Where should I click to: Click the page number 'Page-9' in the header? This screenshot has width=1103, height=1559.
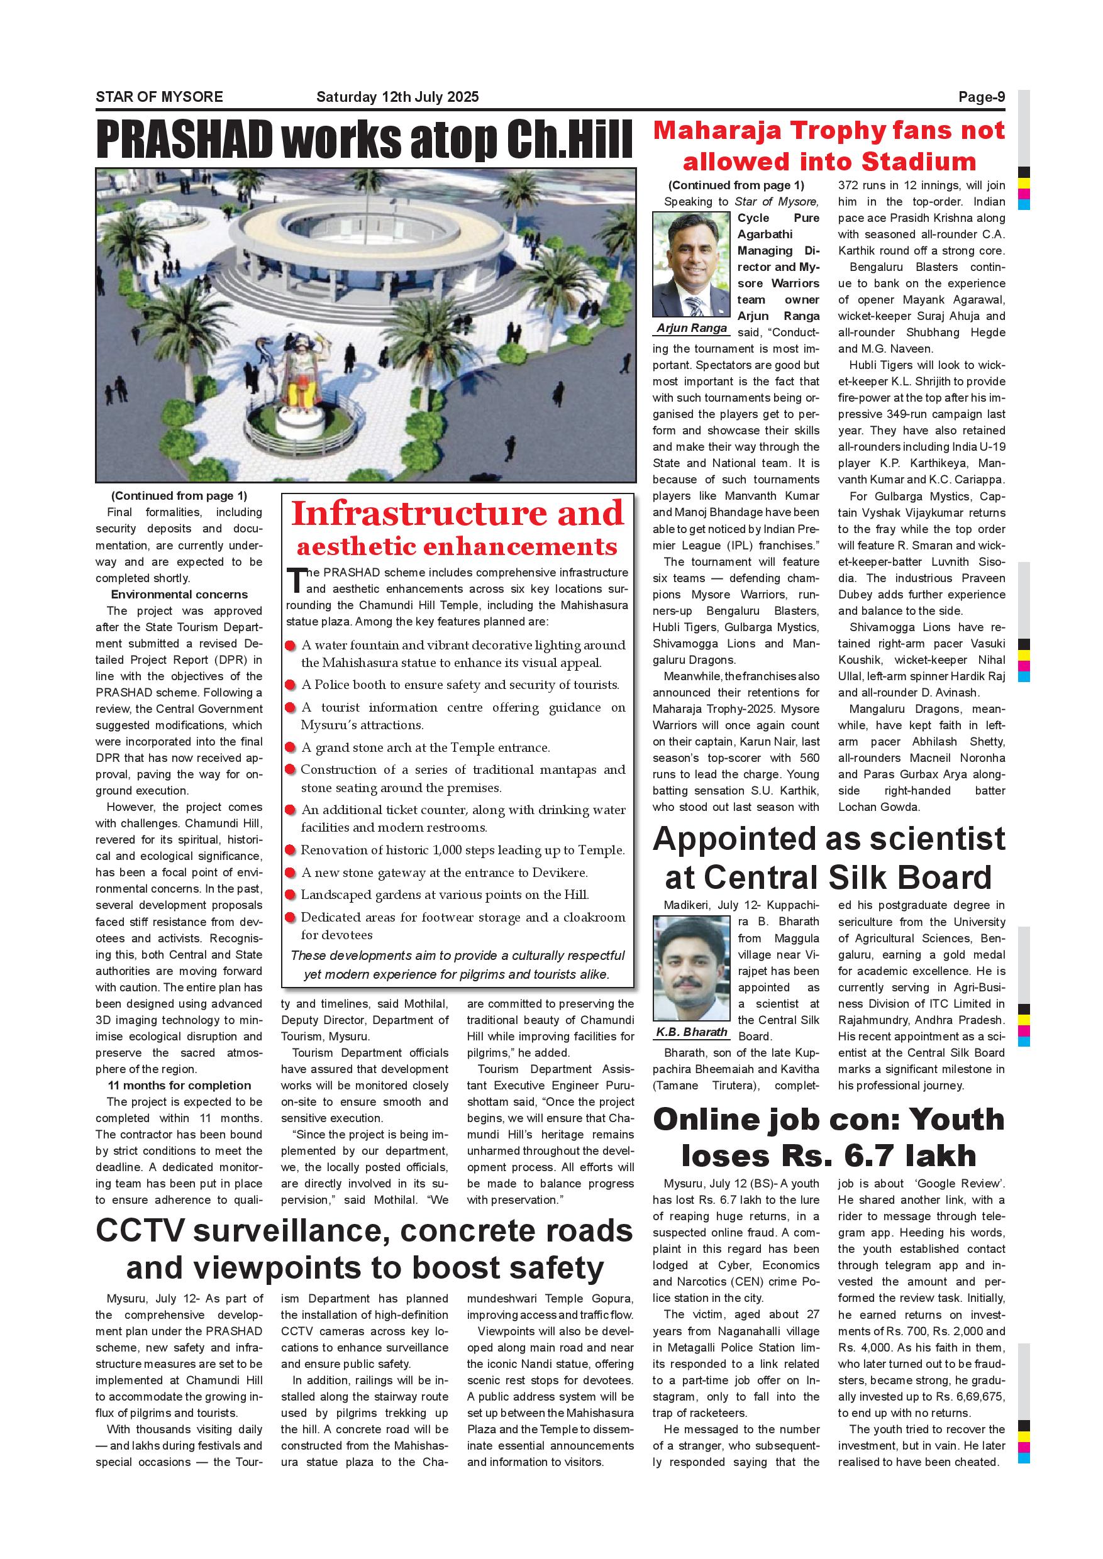point(982,97)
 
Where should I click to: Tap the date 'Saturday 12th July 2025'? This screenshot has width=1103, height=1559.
point(397,97)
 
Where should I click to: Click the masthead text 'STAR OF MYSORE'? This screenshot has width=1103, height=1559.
point(159,97)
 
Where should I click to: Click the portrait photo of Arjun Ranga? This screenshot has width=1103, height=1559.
point(690,264)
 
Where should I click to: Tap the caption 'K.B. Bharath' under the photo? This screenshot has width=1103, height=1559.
point(691,1032)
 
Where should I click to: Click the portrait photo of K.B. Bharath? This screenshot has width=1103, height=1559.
point(690,969)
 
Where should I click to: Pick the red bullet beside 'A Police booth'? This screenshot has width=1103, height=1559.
point(290,686)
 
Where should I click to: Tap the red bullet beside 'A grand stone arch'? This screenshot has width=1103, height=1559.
point(290,748)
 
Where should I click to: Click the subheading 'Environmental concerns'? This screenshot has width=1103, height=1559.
point(179,595)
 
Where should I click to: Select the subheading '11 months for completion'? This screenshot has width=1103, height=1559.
point(179,1086)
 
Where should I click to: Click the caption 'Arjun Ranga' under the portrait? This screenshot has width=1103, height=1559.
point(691,329)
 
